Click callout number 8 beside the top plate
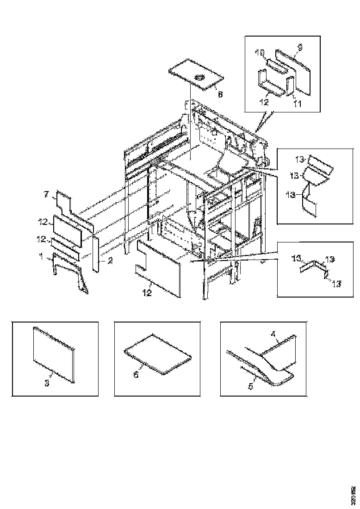(220, 94)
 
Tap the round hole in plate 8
(200, 77)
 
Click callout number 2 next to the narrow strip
(111, 261)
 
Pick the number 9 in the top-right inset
(299, 47)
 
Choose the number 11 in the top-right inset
(298, 104)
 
